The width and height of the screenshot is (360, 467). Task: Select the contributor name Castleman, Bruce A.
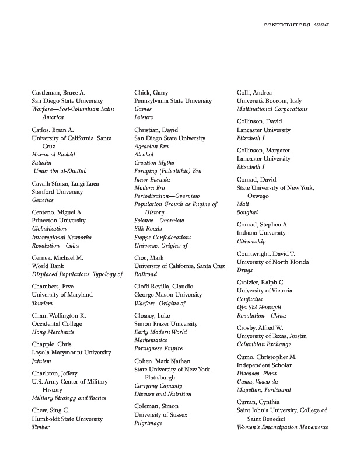58,92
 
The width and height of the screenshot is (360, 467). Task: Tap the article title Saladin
41,162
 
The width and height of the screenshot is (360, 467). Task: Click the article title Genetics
43,200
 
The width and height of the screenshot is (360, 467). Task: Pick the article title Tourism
42,303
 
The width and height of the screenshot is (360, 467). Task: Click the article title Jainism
41,361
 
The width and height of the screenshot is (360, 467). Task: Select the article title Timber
40,427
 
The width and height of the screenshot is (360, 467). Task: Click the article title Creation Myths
154,163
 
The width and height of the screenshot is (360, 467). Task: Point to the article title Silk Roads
150,229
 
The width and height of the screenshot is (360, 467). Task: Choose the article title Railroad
146,274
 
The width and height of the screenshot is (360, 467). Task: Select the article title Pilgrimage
148,423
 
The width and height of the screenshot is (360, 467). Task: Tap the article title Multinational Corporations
272,109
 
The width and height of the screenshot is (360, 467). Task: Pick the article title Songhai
247,212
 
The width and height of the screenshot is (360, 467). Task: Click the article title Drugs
244,270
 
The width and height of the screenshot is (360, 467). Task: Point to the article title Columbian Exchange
264,344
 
